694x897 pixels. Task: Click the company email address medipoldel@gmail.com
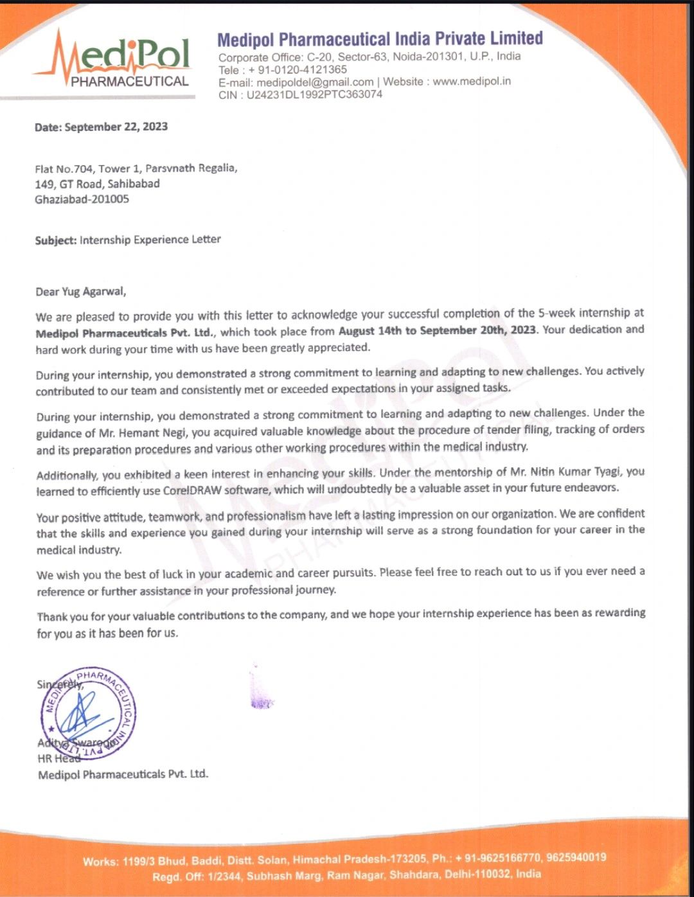315,82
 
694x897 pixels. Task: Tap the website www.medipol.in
472,82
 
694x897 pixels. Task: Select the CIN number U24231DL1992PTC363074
314,94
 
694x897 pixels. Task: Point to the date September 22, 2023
116,127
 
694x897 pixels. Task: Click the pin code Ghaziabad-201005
82,199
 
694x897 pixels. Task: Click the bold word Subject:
56,240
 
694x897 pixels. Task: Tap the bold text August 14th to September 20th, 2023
437,330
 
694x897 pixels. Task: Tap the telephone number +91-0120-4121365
298,69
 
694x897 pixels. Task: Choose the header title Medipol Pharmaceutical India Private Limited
380,40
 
